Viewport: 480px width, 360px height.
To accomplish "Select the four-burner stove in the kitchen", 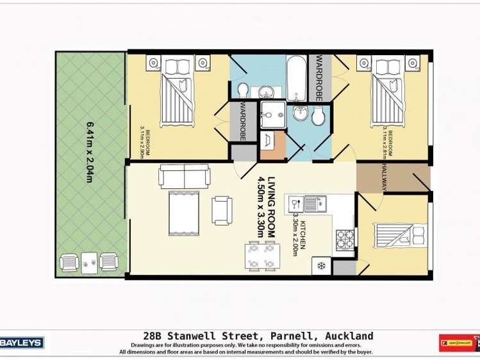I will pos(344,239).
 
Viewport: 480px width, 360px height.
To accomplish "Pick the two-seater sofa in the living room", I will pos(184,176).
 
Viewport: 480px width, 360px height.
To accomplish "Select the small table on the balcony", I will pos(89,261).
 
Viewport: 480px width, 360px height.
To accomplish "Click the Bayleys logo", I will pos(22,343).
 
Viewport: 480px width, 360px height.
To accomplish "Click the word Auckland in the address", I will pos(349,336).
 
